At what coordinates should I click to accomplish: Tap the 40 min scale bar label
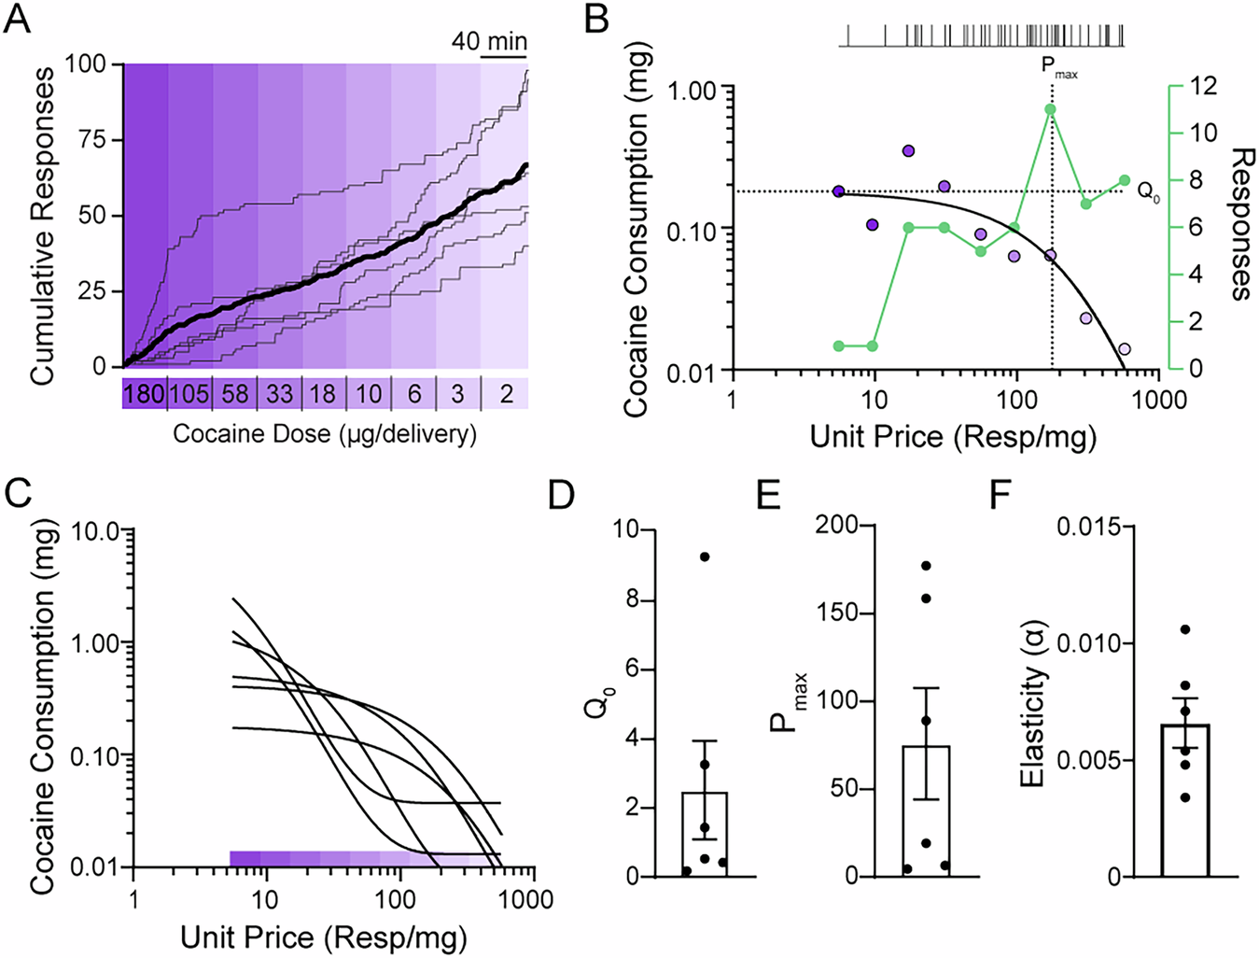click(x=489, y=42)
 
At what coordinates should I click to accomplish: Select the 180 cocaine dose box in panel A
click(x=144, y=393)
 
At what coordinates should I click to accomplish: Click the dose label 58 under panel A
click(x=234, y=393)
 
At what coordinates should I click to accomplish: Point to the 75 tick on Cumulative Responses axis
click(x=93, y=140)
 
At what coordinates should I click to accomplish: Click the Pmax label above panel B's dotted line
click(x=1058, y=67)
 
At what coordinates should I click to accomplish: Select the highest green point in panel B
click(x=1051, y=110)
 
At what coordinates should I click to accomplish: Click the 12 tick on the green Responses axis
click(x=1204, y=86)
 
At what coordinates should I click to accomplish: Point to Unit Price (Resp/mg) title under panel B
click(x=952, y=436)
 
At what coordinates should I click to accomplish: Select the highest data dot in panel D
click(x=705, y=556)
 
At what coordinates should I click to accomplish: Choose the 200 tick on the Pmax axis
click(x=840, y=525)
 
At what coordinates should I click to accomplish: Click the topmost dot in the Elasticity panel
click(x=1185, y=629)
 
